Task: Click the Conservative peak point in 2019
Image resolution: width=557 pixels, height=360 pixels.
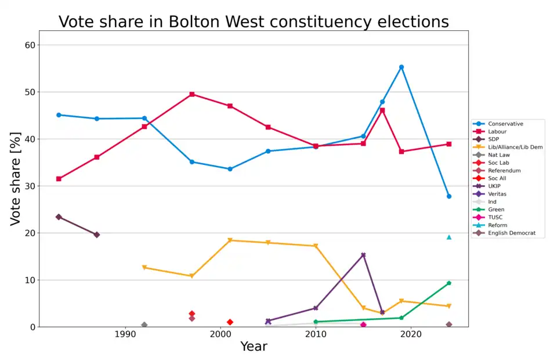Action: pos(402,67)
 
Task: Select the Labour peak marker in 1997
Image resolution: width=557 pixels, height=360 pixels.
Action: pos(192,94)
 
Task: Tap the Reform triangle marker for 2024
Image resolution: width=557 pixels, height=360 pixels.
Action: pos(449,237)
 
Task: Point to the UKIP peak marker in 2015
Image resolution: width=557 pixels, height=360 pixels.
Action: pos(363,255)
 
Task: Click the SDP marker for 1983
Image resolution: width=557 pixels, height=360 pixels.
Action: pos(59,217)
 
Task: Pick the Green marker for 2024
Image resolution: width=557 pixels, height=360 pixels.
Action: pos(449,283)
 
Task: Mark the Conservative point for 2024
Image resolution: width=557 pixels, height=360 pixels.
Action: pos(449,196)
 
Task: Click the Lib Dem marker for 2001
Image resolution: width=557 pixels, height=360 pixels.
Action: pos(230,240)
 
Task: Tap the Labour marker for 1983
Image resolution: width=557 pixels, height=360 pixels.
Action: pos(59,179)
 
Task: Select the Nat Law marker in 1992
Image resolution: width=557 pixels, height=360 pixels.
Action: pos(144,325)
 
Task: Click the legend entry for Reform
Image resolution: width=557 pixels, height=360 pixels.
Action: pos(497,225)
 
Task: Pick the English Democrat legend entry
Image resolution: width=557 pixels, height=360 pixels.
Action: pos(508,233)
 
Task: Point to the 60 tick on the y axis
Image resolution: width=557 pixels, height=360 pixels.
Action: pos(30,45)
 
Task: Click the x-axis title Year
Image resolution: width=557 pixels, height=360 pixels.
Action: pos(254,347)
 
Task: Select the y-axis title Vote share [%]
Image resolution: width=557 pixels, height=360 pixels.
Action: pos(16,179)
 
